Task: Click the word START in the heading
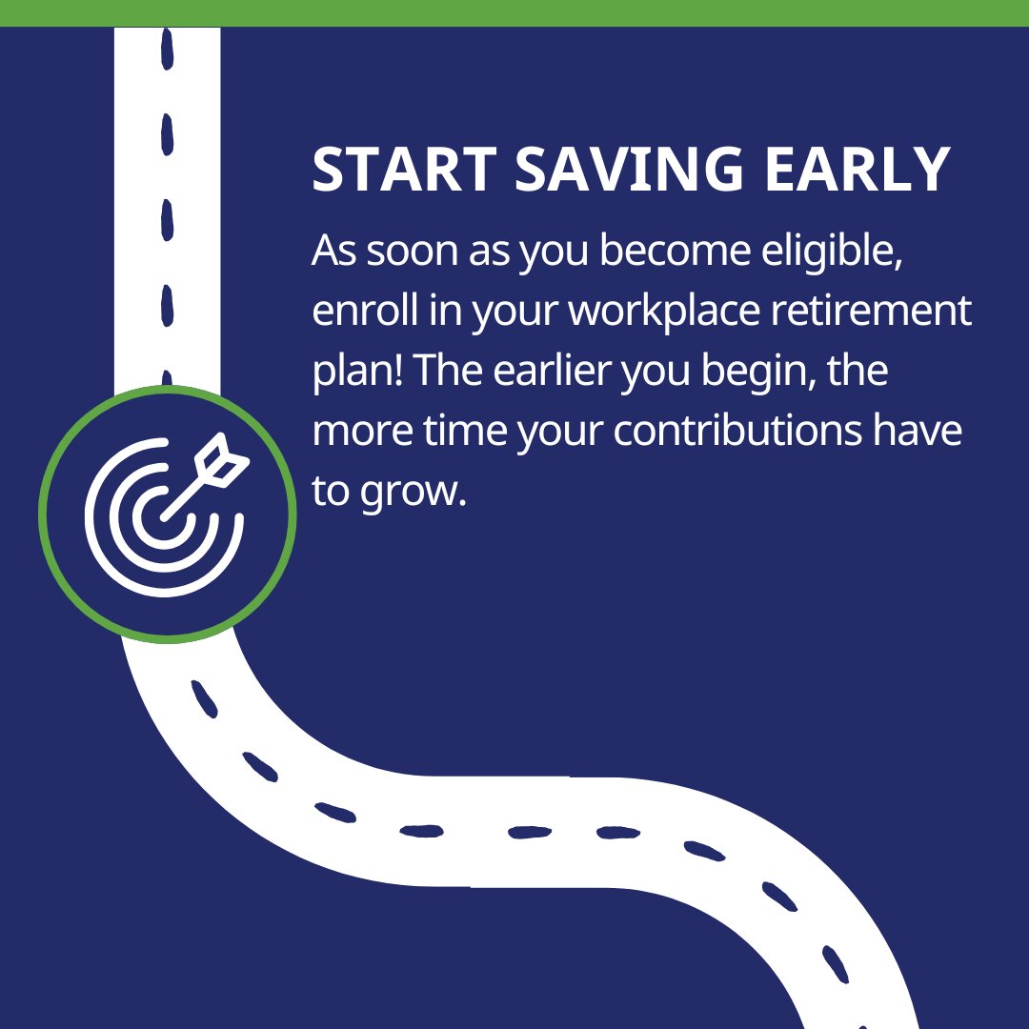404,170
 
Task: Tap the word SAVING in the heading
629,170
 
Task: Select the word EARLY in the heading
857,170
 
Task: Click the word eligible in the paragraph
832,252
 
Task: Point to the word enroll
365,311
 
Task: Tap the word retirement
871,311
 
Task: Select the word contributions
737,432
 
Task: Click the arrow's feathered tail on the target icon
222,460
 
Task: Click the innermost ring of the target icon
164,517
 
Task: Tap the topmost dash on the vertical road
168,48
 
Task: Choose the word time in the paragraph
465,432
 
